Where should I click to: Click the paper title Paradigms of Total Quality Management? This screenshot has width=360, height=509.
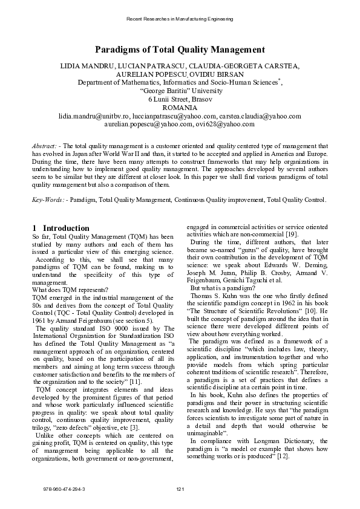(180, 50)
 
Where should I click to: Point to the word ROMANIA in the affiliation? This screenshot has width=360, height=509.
(180, 107)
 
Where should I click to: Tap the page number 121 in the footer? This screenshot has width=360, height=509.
(180, 488)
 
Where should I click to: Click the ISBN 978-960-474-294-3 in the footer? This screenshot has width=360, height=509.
(64, 488)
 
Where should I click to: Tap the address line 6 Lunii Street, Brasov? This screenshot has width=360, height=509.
(180, 99)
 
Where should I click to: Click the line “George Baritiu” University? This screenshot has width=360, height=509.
(180, 90)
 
